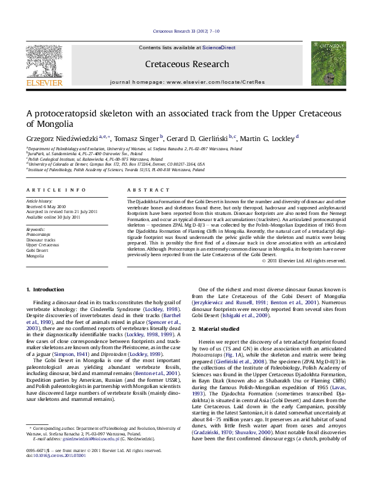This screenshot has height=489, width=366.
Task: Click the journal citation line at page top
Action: coord(183,31)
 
